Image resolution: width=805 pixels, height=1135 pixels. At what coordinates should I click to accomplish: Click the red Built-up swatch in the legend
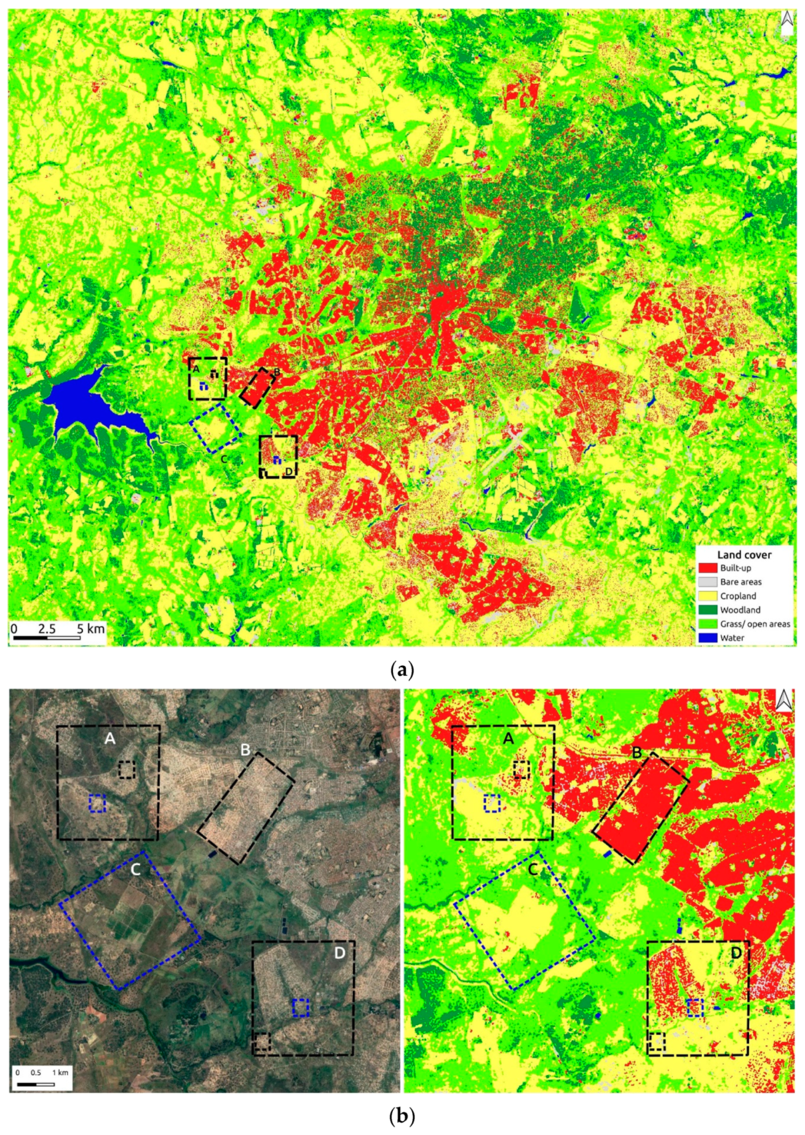click(x=708, y=568)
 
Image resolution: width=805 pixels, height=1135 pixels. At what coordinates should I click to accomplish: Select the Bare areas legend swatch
click(x=708, y=582)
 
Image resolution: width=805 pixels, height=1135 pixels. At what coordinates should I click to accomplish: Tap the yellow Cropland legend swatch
click(x=708, y=596)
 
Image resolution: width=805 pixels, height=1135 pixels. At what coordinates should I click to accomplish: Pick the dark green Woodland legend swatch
click(x=708, y=610)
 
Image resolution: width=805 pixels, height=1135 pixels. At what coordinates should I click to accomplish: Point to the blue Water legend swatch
click(x=708, y=638)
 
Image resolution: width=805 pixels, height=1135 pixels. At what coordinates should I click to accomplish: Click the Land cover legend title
click(x=744, y=554)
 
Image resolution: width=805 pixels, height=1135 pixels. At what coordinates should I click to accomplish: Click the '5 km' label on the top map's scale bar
click(x=90, y=629)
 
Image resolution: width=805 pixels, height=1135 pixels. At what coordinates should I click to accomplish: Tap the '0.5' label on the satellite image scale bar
click(x=36, y=1072)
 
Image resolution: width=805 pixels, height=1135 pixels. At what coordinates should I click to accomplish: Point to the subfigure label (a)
click(x=402, y=669)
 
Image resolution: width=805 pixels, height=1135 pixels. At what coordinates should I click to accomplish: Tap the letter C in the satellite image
click(x=136, y=870)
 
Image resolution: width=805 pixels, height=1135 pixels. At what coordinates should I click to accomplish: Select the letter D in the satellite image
click(x=340, y=953)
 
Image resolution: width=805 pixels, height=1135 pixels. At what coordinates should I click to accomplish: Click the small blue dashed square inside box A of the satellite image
click(x=97, y=803)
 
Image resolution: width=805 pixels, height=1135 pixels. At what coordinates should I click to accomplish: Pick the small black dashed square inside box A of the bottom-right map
click(x=522, y=769)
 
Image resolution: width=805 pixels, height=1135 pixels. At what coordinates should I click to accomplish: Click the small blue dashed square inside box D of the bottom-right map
click(x=695, y=1008)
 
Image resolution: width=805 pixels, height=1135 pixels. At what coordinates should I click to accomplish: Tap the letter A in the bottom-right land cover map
click(x=508, y=738)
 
